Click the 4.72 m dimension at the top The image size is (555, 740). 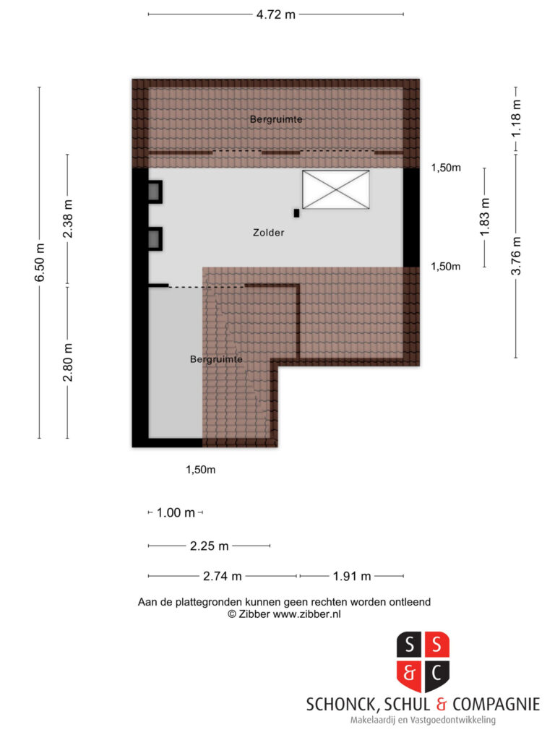pyautogui.click(x=276, y=14)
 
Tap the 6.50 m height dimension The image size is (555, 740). pyautogui.click(x=40, y=262)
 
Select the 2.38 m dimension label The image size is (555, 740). pyautogui.click(x=68, y=218)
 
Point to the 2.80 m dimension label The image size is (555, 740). pyautogui.click(x=68, y=362)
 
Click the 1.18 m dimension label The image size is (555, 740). pyautogui.click(x=516, y=119)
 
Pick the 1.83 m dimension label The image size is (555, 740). pyautogui.click(x=485, y=217)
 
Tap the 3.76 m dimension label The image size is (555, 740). pyautogui.click(x=516, y=256)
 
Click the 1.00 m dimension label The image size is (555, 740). pyautogui.click(x=176, y=512)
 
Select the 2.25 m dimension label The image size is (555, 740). pyautogui.click(x=209, y=546)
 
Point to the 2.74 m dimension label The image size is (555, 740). pyautogui.click(x=223, y=576)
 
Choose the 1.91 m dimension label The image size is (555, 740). pyautogui.click(x=352, y=576)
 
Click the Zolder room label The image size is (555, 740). pyautogui.click(x=269, y=232)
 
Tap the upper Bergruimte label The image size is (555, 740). pyautogui.click(x=276, y=119)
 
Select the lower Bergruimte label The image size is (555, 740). pyautogui.click(x=216, y=359)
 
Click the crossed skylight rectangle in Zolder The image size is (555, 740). pyautogui.click(x=335, y=189)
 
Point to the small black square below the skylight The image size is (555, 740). pyautogui.click(x=296, y=213)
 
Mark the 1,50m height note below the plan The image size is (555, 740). pyautogui.click(x=201, y=470)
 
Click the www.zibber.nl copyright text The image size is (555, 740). pyautogui.click(x=306, y=614)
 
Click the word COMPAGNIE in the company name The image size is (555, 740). pyautogui.click(x=496, y=705)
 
